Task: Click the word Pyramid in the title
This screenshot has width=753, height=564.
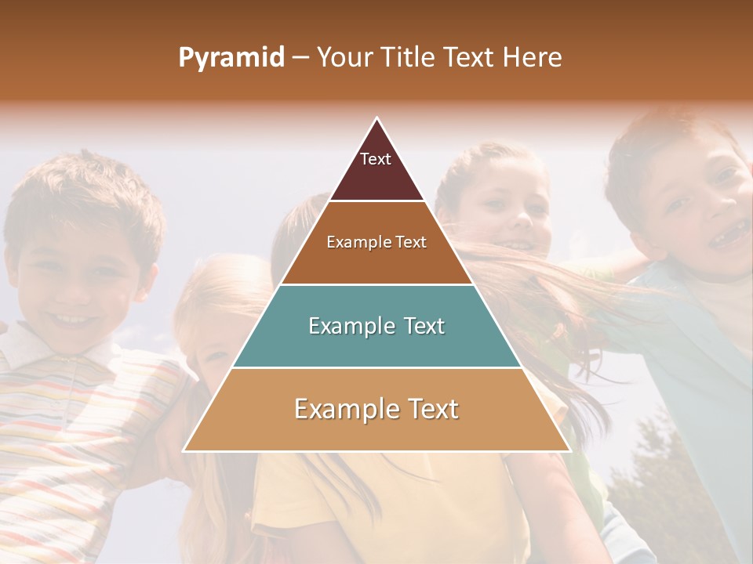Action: (231, 58)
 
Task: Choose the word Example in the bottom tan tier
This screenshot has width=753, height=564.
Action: (344, 409)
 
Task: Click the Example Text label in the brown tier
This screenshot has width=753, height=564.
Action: (376, 242)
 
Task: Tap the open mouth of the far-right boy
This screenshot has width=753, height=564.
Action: (728, 233)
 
